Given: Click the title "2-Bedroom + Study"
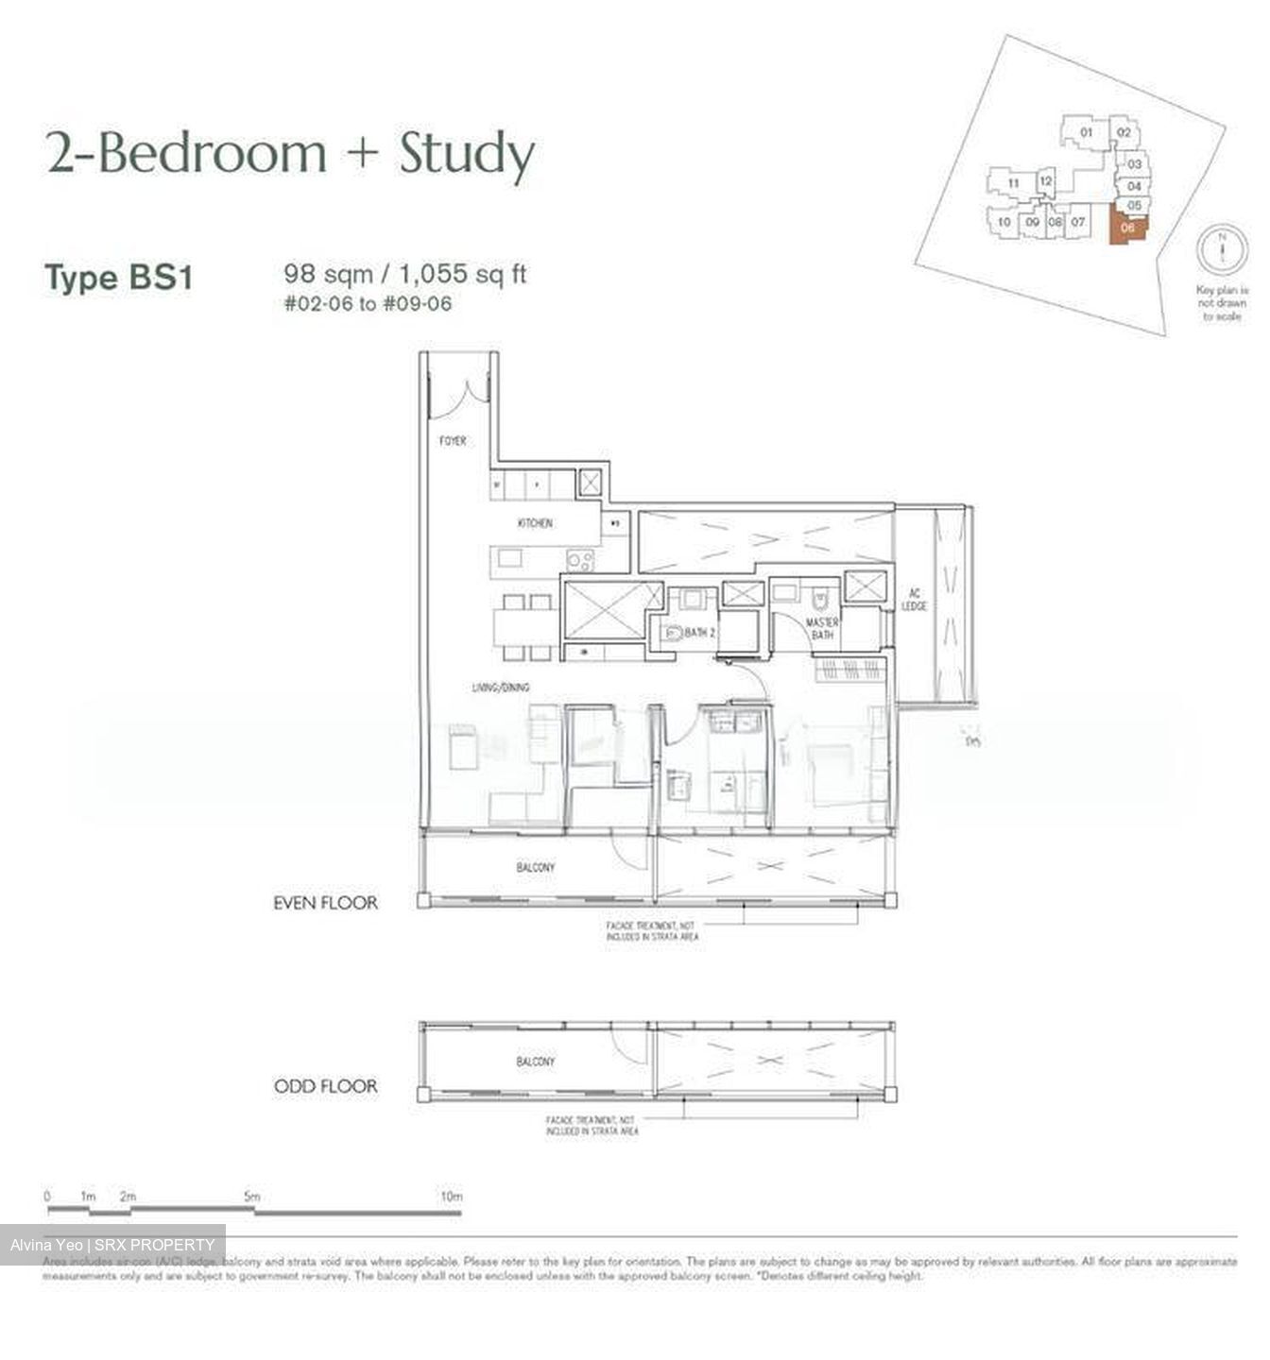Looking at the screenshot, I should pyautogui.click(x=291, y=154).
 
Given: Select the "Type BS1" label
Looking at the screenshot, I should pyautogui.click(x=119, y=278).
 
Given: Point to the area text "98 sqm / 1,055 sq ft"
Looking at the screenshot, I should pyautogui.click(x=404, y=274).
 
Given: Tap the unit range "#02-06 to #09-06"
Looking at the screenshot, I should pyautogui.click(x=368, y=303).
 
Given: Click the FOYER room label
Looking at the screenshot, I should pyautogui.click(x=452, y=441).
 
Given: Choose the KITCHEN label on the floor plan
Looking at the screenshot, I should pyautogui.click(x=535, y=523).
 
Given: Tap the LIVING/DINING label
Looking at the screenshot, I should pyautogui.click(x=501, y=688).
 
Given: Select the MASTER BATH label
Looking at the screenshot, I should pyautogui.click(x=821, y=629).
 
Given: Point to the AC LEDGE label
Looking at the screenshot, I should pyautogui.click(x=914, y=600).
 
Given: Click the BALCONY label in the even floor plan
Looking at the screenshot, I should pyautogui.click(x=536, y=867).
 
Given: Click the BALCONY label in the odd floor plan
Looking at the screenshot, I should pyautogui.click(x=536, y=1062).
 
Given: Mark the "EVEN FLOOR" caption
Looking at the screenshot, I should pyautogui.click(x=325, y=903).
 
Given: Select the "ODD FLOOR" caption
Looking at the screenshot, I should pyautogui.click(x=325, y=1086).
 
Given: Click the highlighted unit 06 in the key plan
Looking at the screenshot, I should pyautogui.click(x=1127, y=229).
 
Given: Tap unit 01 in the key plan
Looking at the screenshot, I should pyautogui.click(x=1087, y=133).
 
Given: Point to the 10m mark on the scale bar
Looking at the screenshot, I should pyautogui.click(x=452, y=1198).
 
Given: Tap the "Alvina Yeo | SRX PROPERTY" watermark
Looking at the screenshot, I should pyautogui.click(x=112, y=1245).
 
